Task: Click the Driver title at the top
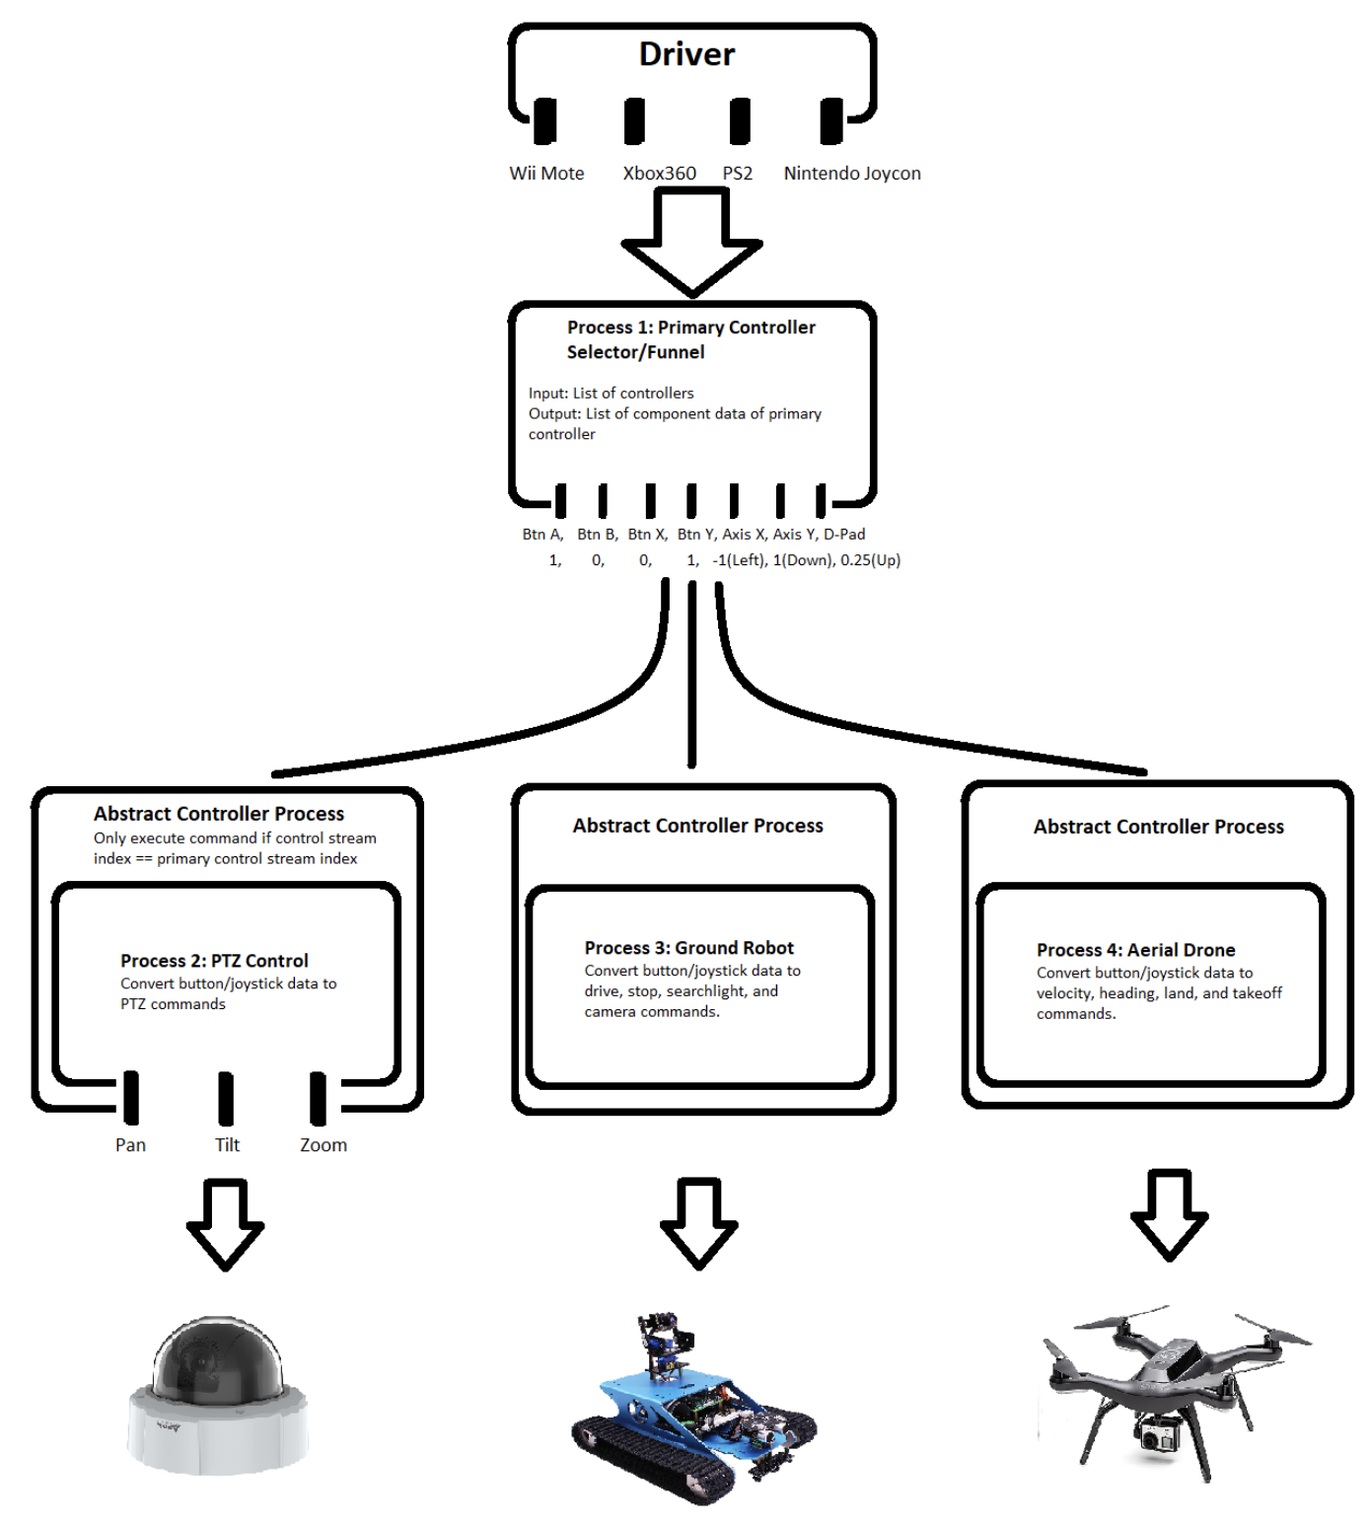tap(686, 54)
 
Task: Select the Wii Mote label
tap(546, 174)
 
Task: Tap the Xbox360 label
tap(659, 174)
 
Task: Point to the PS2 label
tap(737, 174)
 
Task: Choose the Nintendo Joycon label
tap(852, 174)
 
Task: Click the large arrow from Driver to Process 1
tap(691, 242)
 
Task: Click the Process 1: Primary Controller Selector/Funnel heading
tap(690, 339)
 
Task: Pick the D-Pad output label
tap(844, 535)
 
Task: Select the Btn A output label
tap(542, 535)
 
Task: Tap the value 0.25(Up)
tap(870, 560)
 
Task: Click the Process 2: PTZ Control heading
tap(214, 961)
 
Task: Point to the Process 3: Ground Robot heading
tap(688, 948)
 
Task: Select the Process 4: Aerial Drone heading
tap(1135, 950)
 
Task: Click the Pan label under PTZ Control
tap(130, 1145)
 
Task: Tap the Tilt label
tap(227, 1145)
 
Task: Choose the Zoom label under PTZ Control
tap(324, 1145)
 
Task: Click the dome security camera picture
tap(218, 1396)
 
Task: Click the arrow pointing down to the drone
tap(1170, 1215)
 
